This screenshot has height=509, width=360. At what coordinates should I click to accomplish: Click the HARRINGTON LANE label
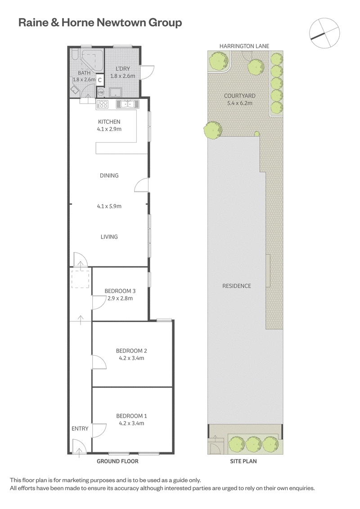click(x=244, y=46)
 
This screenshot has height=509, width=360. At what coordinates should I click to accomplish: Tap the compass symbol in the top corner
click(x=324, y=33)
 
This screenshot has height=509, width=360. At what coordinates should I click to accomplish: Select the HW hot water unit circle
click(x=101, y=93)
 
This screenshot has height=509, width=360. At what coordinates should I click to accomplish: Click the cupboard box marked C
click(x=99, y=80)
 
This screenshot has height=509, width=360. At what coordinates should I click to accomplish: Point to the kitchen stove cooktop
click(x=103, y=104)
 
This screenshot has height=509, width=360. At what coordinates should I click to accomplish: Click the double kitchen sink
click(x=127, y=104)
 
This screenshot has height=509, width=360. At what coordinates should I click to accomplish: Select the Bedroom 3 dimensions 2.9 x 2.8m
click(x=120, y=298)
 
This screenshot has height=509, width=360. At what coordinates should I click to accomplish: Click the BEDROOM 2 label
click(x=131, y=351)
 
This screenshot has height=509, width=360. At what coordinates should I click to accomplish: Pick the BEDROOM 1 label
click(x=131, y=416)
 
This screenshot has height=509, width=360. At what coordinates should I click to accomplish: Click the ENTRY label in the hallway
click(x=80, y=428)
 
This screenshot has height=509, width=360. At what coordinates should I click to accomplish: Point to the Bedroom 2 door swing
click(x=99, y=362)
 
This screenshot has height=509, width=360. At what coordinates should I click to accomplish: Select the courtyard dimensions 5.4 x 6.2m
click(x=239, y=103)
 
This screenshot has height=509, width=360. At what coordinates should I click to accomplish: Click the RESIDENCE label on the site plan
click(x=237, y=286)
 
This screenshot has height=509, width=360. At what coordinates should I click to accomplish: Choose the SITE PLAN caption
click(x=243, y=461)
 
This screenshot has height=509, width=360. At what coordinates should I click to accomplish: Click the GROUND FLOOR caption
click(x=117, y=461)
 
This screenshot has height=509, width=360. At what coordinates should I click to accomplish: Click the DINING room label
click(x=109, y=176)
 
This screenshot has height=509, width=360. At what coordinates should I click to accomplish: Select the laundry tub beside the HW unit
click(x=115, y=93)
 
